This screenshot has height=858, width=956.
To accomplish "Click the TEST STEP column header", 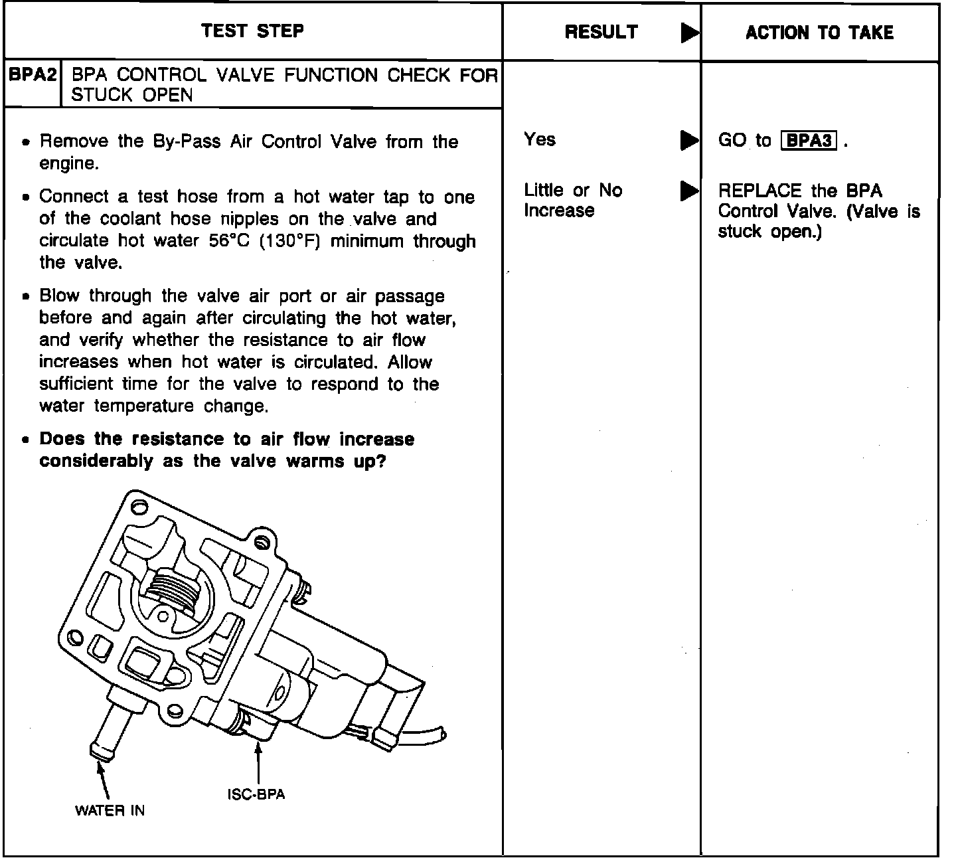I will (x=252, y=31).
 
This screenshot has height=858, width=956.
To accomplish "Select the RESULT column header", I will (x=601, y=32).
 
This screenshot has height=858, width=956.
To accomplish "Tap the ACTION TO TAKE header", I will (x=819, y=33).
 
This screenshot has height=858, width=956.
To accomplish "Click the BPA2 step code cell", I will (x=33, y=74).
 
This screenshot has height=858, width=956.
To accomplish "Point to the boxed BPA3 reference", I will (x=808, y=141).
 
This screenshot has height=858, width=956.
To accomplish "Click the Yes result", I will (x=539, y=139).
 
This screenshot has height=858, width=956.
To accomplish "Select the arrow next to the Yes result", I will (x=689, y=141).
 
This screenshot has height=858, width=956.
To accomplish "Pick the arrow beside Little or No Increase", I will (x=689, y=191).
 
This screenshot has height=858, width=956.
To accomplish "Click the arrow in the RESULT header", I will (x=690, y=33).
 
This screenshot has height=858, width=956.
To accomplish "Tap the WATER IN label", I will (x=110, y=810).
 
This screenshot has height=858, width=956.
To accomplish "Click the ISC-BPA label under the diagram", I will (x=256, y=795).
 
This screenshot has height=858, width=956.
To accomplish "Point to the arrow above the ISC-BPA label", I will (x=257, y=764).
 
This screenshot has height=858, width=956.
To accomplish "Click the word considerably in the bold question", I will (x=96, y=461).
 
